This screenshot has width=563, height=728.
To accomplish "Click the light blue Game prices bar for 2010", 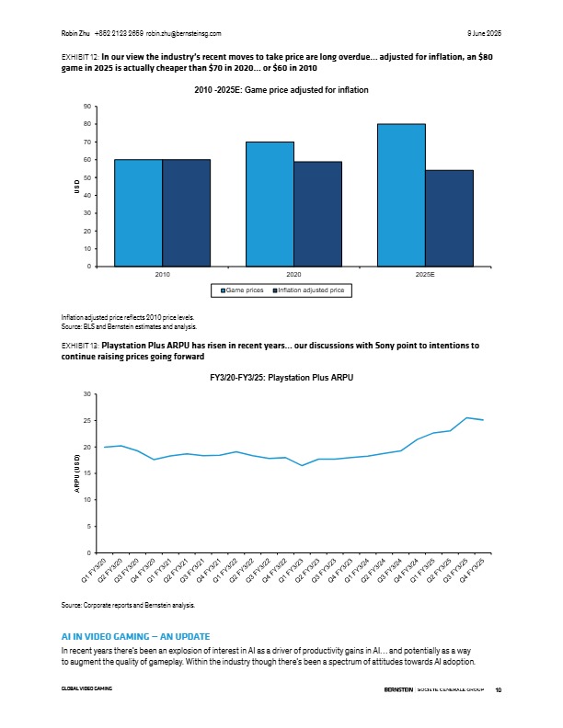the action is pyautogui.click(x=138, y=213).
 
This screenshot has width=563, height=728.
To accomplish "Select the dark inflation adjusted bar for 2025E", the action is pyautogui.click(x=449, y=219).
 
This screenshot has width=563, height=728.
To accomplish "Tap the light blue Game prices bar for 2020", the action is pyautogui.click(x=270, y=204).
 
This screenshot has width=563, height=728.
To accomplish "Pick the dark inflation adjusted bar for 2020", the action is pyautogui.click(x=317, y=214).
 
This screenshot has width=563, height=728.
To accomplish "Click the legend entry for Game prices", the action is pyautogui.click(x=242, y=290).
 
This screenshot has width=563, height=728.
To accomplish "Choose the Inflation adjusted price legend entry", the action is pyautogui.click(x=308, y=290).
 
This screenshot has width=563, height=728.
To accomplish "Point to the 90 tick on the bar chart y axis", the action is pyautogui.click(x=87, y=107).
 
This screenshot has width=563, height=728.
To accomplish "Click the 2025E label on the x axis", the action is pyautogui.click(x=425, y=275).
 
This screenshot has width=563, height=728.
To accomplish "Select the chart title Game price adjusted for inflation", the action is pyautogui.click(x=281, y=89).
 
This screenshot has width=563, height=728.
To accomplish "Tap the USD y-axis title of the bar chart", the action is pyautogui.click(x=77, y=187).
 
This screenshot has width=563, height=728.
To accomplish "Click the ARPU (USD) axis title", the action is pyautogui.click(x=77, y=473).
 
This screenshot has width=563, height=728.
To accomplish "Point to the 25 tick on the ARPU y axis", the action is pyautogui.click(x=87, y=421).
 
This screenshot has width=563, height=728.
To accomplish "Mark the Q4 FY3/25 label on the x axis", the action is pyautogui.click(x=473, y=570).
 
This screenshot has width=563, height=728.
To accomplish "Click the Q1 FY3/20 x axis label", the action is pyautogui.click(x=95, y=570).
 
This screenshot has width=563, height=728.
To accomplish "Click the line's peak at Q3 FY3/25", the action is pyautogui.click(x=466, y=418).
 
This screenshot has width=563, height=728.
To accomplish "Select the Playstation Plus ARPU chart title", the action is pyautogui.click(x=281, y=378).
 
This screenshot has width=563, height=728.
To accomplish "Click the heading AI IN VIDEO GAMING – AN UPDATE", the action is pyautogui.click(x=135, y=636).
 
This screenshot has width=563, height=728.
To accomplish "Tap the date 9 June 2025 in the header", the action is pyautogui.click(x=484, y=33).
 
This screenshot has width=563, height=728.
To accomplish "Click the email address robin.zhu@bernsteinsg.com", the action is pyautogui.click(x=183, y=33).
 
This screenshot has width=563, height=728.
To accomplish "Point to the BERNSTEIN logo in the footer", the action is pyautogui.click(x=398, y=689).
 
